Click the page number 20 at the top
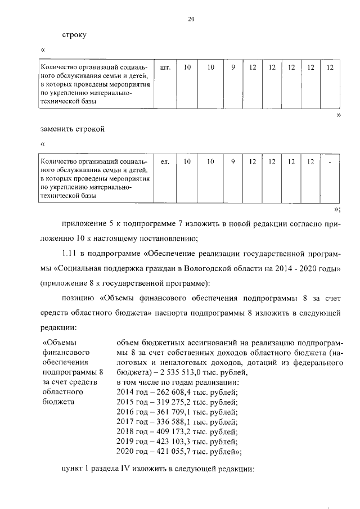click(191, 20)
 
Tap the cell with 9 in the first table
click(232, 67)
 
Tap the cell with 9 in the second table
click(232, 162)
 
